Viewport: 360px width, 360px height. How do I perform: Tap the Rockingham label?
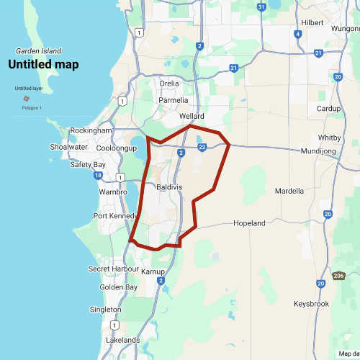[x=91, y=130]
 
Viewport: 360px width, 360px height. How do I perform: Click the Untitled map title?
[x=43, y=64]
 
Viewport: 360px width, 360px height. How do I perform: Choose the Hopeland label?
[x=249, y=223]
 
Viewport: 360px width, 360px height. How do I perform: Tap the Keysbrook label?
[x=311, y=304]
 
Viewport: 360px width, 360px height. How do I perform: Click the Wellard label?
[x=192, y=116]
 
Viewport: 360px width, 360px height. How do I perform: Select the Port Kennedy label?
[x=115, y=216]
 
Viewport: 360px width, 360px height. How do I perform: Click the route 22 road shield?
[x=202, y=148]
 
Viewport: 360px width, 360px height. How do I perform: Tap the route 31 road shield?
[x=261, y=7]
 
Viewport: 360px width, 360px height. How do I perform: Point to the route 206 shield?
[x=339, y=276]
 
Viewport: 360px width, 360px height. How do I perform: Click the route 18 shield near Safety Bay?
[x=97, y=175]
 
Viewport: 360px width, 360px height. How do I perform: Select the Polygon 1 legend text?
[x=32, y=108]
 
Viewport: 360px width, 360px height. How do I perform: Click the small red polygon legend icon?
[x=27, y=99]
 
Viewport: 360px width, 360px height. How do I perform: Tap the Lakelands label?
[x=122, y=339]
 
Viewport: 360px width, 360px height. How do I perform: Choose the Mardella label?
[x=289, y=191]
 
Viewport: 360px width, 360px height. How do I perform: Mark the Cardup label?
[x=328, y=109]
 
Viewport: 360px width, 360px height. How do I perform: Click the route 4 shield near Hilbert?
[x=297, y=34]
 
